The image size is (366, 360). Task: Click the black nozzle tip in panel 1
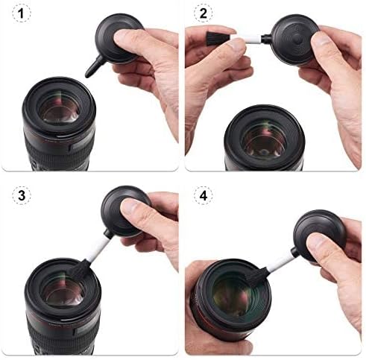(91, 69)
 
